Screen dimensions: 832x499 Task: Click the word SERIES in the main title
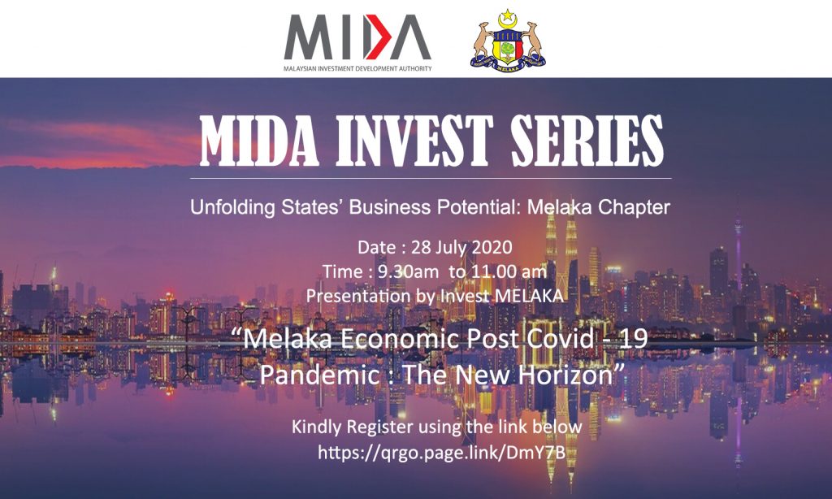click(x=587, y=141)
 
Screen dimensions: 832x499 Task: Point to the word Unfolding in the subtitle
click(x=232, y=207)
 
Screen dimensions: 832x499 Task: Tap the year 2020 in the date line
click(x=492, y=247)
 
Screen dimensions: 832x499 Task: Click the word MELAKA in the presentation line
click(x=528, y=296)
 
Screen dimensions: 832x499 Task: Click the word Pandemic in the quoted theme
click(x=319, y=375)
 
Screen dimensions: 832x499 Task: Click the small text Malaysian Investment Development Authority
click(x=357, y=68)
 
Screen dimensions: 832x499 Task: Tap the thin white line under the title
click(x=431, y=178)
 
